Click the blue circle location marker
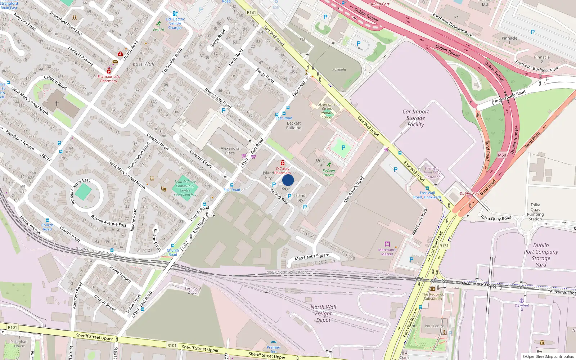pyautogui.click(x=288, y=180)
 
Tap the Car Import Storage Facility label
pyautogui.click(x=415, y=118)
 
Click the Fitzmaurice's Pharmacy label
pyautogui.click(x=108, y=79)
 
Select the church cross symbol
pyautogui.click(x=57, y=104)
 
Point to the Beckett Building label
pyautogui.click(x=294, y=126)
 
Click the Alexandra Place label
pyautogui.click(x=230, y=150)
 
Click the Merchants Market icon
pyautogui.click(x=387, y=244)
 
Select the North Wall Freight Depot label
pyautogui.click(x=323, y=313)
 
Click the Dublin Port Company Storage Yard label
pyautogui.click(x=541, y=255)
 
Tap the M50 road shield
pyautogui.click(x=502, y=155)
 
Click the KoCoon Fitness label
pyautogui.click(x=329, y=173)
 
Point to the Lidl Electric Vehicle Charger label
pyautogui.click(x=175, y=23)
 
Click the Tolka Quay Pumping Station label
pyautogui.click(x=535, y=212)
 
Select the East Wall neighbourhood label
pyautogui.click(x=143, y=64)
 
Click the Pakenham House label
pyautogui.click(x=19, y=344)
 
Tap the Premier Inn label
pyautogui.click(x=274, y=350)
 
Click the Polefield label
pyautogui.click(x=339, y=69)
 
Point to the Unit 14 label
pyautogui.click(x=320, y=162)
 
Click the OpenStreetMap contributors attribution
pyautogui.click(x=548, y=356)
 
